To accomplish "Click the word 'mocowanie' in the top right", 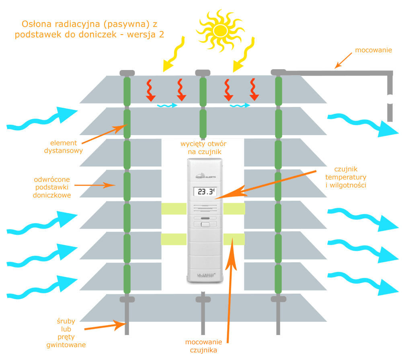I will point(373,51).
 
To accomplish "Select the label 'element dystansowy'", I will point(67,147).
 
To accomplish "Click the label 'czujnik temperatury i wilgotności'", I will point(345,177).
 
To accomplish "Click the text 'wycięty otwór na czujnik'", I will point(204,148).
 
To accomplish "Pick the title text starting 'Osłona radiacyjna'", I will point(89,29).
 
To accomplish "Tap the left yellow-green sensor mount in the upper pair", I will point(174,208).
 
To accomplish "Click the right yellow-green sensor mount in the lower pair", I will point(234,239).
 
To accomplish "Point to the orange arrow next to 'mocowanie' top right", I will point(343,61).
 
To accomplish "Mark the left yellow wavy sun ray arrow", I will point(173,54).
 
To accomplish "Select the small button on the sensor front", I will point(205,224).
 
